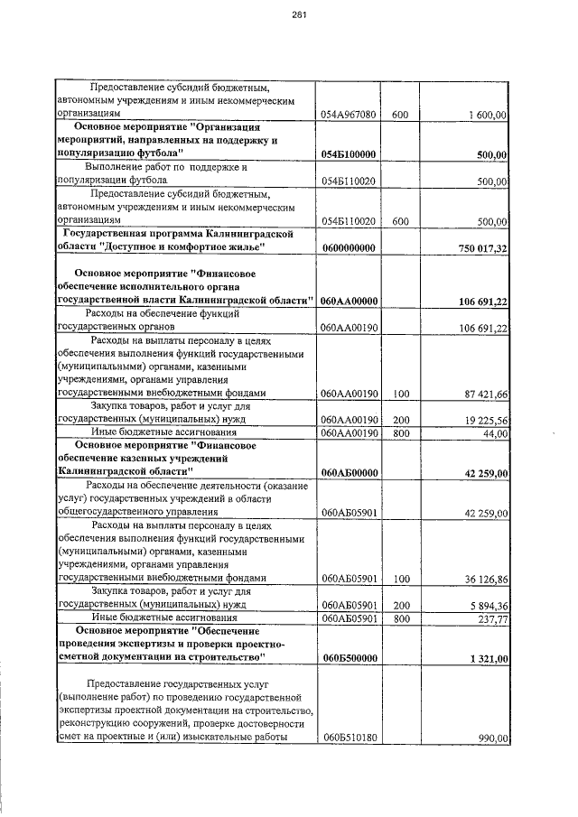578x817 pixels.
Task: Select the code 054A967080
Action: [x=348, y=116]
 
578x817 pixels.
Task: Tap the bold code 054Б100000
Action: [x=348, y=155]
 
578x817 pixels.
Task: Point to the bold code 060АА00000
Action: [x=348, y=301]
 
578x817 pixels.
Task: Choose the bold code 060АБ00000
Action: [x=348, y=472]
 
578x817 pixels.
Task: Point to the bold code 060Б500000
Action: [x=348, y=658]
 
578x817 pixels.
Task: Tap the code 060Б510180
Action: [x=348, y=738]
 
